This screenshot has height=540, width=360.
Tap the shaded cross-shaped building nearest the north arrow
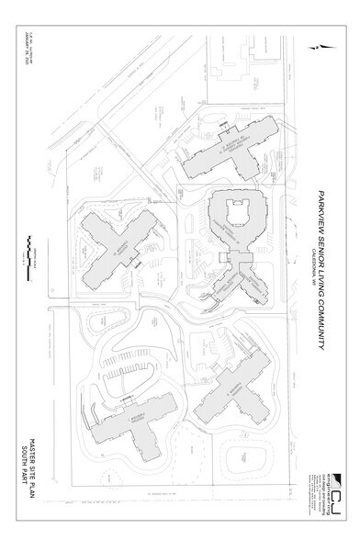coord(230,147)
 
